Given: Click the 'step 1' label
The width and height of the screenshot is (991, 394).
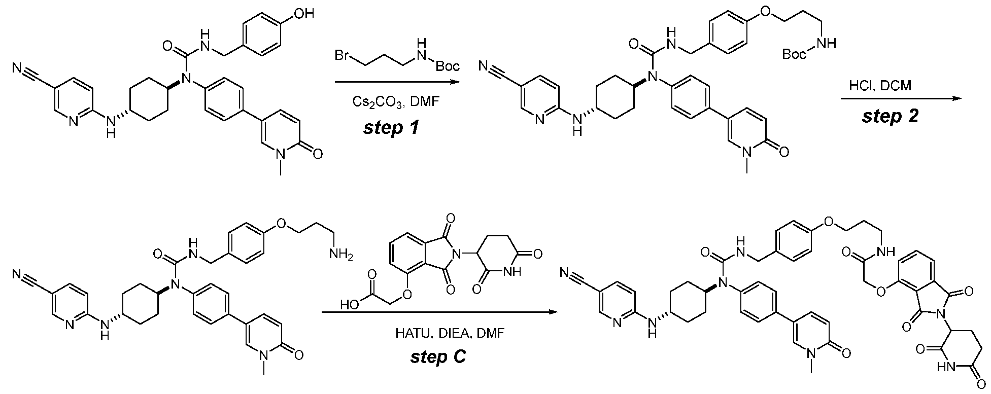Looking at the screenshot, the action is [x=391, y=127].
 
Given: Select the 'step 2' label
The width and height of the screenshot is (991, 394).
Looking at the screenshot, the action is [x=890, y=116].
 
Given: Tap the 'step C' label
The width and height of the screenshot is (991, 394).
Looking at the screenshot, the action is [x=438, y=357].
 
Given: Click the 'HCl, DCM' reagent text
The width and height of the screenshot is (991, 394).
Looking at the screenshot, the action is [x=880, y=86].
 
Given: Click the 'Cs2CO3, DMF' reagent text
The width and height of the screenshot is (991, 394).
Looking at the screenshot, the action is [x=392, y=102].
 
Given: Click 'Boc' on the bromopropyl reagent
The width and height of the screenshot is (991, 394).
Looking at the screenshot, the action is [x=447, y=66].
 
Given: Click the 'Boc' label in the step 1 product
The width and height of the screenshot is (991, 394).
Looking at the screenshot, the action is [x=794, y=54].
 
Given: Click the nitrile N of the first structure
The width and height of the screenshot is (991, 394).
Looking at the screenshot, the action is [x=18, y=67].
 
